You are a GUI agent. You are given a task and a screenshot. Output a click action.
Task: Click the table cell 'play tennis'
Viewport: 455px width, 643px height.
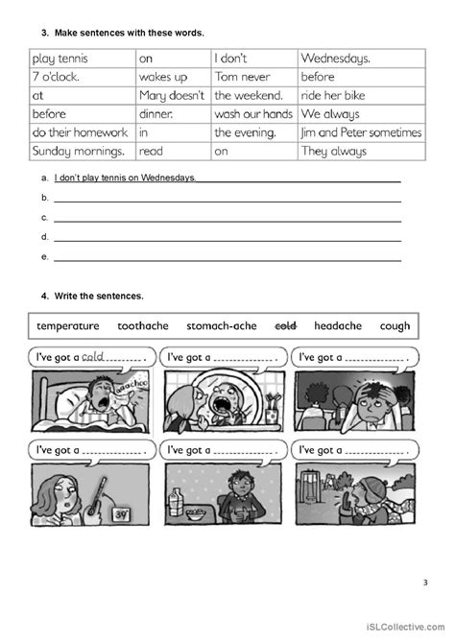pyautogui.click(x=62, y=57)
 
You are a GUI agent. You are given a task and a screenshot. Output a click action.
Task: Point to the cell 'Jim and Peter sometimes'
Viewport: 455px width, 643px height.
pyautogui.click(x=360, y=132)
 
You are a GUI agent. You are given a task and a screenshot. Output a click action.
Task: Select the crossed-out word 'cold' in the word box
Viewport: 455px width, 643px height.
pyautogui.click(x=285, y=326)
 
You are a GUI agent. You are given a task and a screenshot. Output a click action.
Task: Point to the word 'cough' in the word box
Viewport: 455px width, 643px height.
pyautogui.click(x=395, y=326)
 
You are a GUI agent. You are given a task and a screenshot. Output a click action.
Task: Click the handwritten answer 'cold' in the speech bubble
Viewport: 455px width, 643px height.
pyautogui.click(x=94, y=355)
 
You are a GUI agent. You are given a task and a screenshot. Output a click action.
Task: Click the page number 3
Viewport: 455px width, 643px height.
pyautogui.click(x=425, y=582)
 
